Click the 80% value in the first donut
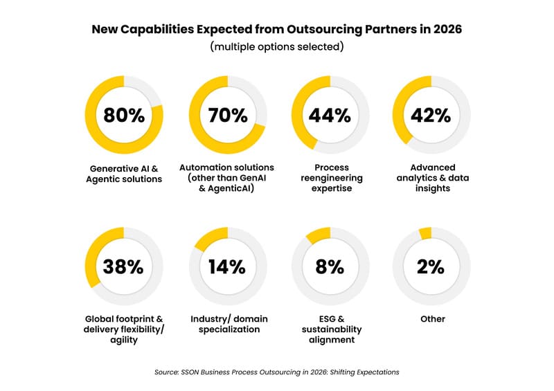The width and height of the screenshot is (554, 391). [x=124, y=116]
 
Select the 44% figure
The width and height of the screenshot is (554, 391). [x=330, y=116]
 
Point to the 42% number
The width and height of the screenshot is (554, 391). [x=431, y=116]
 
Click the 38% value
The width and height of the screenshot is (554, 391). [x=124, y=266]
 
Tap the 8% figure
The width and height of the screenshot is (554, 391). [x=330, y=266]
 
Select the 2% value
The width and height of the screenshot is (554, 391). [x=431, y=266]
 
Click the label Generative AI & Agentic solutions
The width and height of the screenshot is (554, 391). [x=125, y=174]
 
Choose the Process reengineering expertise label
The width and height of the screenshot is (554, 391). [x=331, y=178]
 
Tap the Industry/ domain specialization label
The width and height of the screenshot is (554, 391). [x=229, y=324]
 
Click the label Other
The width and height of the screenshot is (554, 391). [x=432, y=319]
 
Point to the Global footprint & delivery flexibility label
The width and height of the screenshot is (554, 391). [x=125, y=329]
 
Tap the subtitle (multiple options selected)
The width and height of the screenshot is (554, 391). [x=277, y=48]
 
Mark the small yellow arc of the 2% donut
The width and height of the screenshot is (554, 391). [x=425, y=233]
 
